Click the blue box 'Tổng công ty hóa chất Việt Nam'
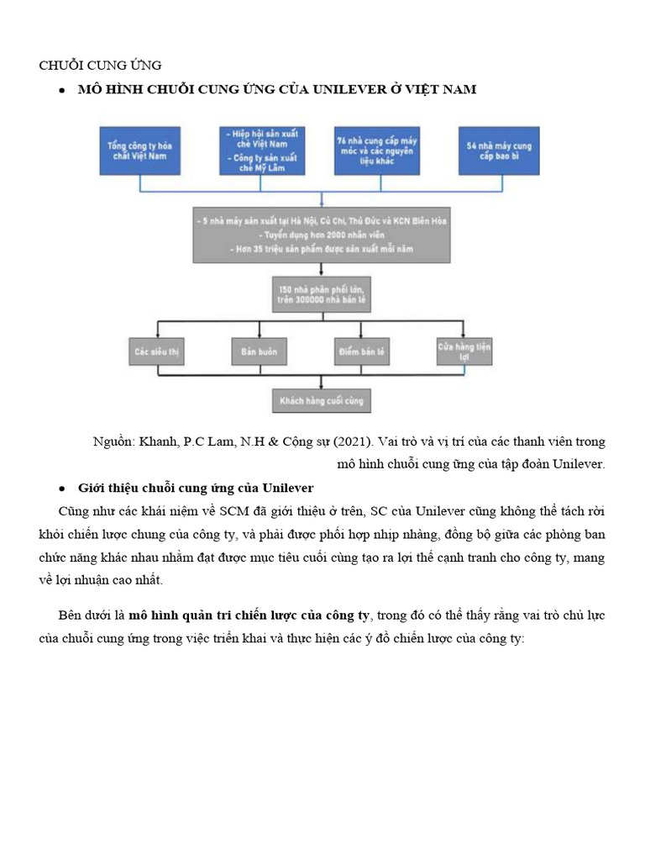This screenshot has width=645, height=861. [139, 151]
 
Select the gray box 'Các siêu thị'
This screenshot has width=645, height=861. [157, 350]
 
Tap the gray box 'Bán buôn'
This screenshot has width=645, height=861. [259, 350]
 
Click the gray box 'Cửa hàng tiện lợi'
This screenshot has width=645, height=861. [464, 350]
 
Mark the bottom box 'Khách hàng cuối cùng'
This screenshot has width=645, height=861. [322, 401]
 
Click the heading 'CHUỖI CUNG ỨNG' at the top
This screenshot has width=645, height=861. [101, 65]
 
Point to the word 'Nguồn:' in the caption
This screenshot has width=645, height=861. [114, 441]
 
